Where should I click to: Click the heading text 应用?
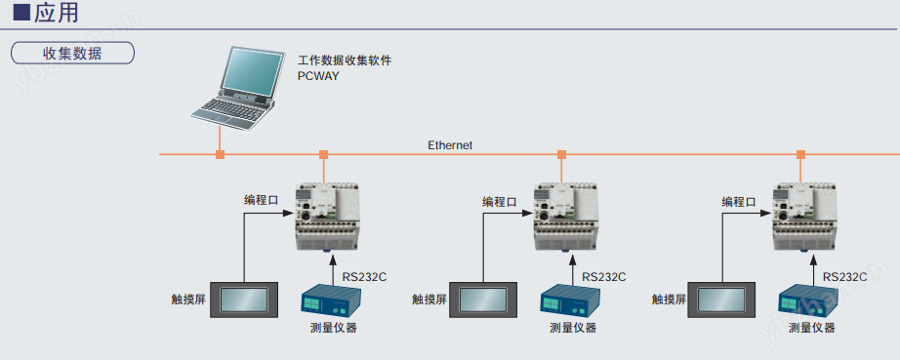[57, 12]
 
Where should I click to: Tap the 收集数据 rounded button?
[72, 54]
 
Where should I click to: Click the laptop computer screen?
[252, 70]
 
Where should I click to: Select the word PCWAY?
[318, 75]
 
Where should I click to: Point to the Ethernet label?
[450, 145]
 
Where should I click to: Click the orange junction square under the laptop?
[220, 154]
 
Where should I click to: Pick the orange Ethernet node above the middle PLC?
[562, 154]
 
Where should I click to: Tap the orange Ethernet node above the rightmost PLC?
[800, 154]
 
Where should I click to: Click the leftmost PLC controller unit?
[326, 217]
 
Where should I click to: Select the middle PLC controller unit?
[565, 217]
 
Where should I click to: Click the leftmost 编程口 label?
[262, 201]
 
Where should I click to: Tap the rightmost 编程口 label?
[739, 201]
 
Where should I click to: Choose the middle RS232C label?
[604, 277]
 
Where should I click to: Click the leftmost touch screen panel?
[243, 300]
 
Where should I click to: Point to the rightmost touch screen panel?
[721, 300]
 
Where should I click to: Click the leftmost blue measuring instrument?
[330, 300]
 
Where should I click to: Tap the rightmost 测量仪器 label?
[811, 328]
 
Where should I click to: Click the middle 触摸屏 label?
[429, 299]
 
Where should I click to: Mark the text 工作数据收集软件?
[345, 60]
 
